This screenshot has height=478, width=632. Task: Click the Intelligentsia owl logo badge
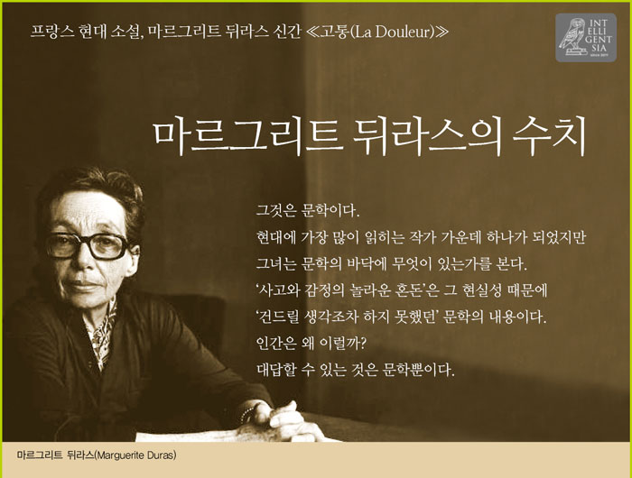(x=586, y=38)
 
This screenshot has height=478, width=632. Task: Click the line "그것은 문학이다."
(x=308, y=211)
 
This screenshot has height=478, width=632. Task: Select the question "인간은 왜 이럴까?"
(x=311, y=343)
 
